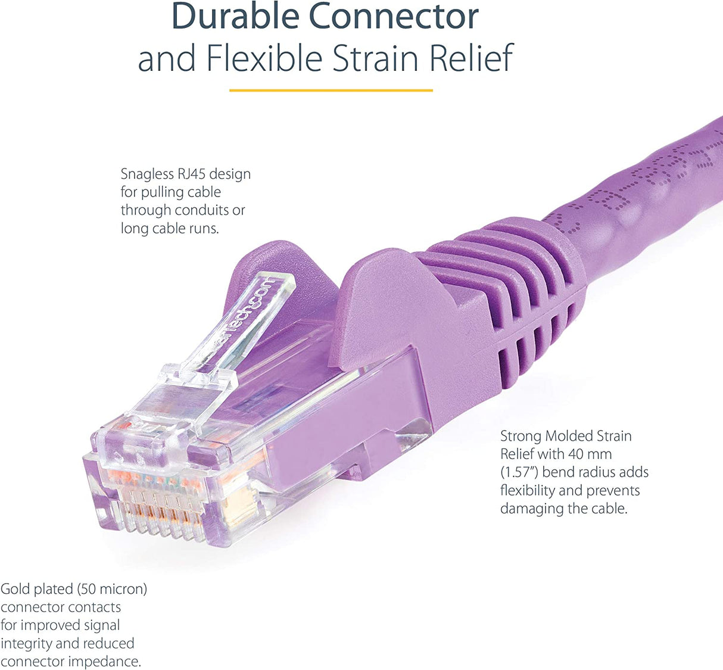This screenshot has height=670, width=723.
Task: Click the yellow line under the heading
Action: (331, 91)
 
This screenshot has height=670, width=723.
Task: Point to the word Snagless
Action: (147, 174)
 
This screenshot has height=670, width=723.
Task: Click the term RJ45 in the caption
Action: (191, 174)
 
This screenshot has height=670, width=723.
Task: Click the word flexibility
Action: (526, 491)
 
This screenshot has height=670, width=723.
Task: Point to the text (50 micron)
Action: (112, 589)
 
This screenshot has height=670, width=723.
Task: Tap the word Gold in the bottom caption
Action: (15, 589)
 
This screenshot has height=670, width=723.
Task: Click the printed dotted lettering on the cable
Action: (643, 179)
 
